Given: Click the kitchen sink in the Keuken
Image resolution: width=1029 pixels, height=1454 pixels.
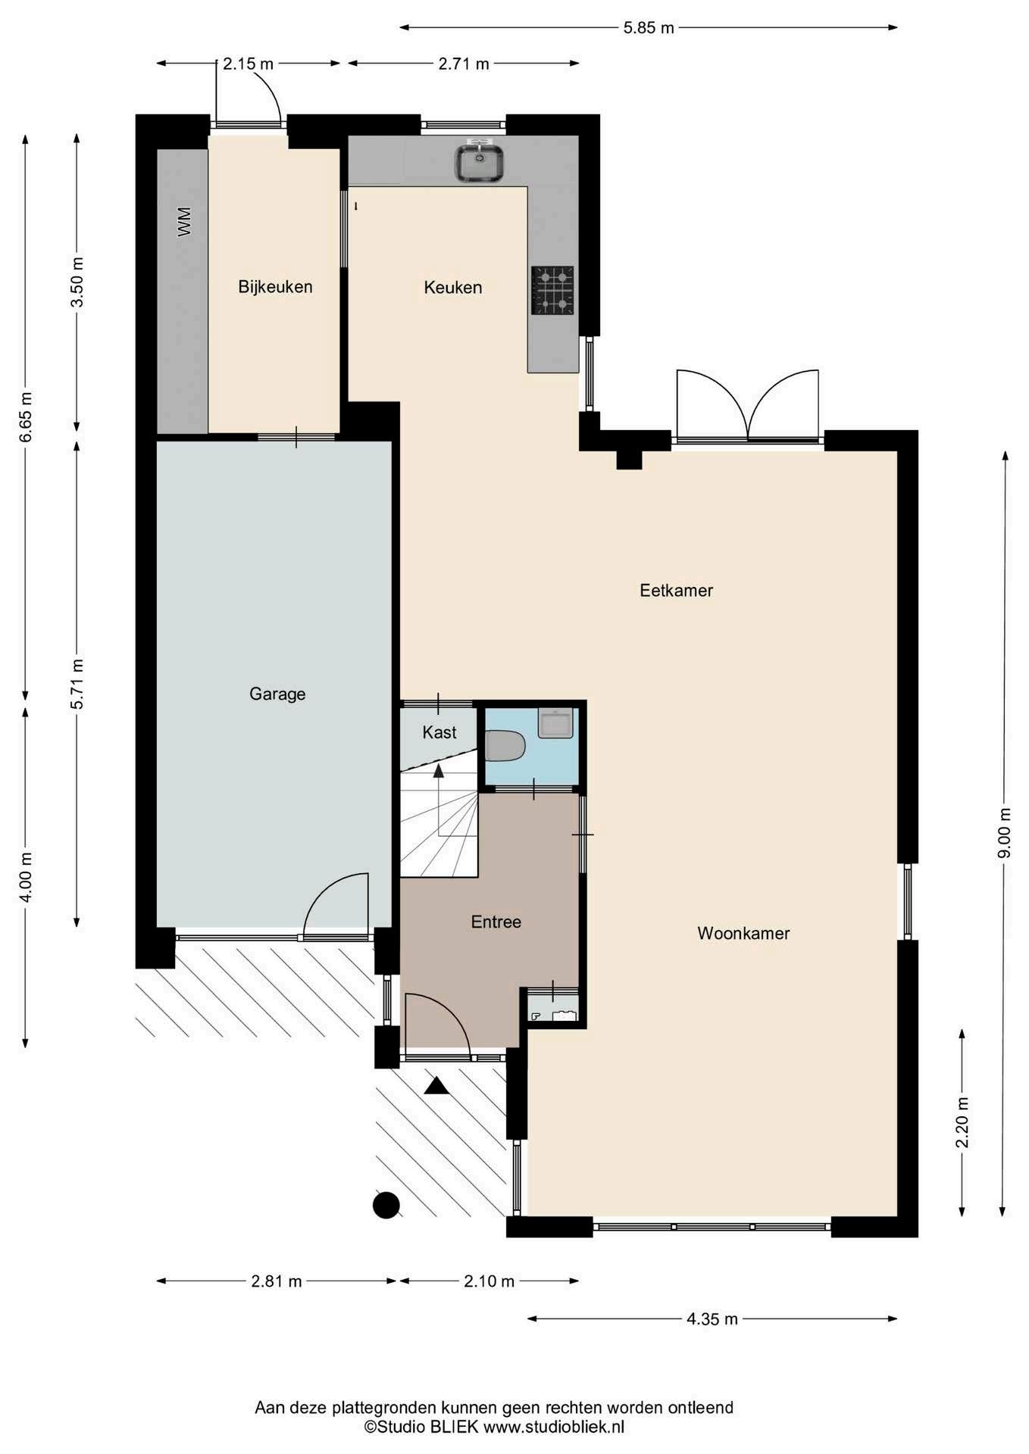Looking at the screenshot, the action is click(479, 162).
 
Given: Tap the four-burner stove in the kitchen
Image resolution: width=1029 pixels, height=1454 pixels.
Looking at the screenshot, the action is click(552, 290).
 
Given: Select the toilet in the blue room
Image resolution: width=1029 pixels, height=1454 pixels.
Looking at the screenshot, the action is click(505, 746).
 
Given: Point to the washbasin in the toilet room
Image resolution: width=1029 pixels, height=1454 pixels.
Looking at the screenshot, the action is click(555, 723).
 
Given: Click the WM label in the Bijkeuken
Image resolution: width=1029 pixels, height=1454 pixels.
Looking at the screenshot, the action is click(184, 222).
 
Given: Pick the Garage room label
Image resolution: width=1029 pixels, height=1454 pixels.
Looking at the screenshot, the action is click(277, 694).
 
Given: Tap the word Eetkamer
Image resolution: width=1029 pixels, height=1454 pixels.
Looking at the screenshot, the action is click(676, 590).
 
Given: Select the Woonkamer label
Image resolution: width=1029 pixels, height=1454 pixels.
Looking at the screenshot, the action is click(743, 933).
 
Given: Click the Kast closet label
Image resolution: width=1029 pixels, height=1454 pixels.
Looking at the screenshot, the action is click(439, 732).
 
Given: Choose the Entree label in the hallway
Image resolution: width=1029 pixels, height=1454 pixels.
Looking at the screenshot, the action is click(496, 922).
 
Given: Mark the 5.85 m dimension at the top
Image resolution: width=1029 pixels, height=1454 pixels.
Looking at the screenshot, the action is click(649, 28).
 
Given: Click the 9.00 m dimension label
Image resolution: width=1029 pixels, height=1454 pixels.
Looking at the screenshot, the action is click(1005, 833).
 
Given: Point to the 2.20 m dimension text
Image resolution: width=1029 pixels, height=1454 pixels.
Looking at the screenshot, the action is click(962, 1122).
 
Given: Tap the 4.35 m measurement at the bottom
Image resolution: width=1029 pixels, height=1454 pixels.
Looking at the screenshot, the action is click(712, 1318).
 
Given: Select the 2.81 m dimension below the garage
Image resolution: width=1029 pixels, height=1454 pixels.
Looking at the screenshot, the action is click(277, 1281).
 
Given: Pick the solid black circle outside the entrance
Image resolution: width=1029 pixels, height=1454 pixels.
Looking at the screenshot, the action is click(386, 1205).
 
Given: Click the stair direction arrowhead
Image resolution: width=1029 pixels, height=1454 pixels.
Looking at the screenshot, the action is click(438, 771).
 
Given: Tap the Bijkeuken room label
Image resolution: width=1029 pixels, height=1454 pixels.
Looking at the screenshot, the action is click(275, 286).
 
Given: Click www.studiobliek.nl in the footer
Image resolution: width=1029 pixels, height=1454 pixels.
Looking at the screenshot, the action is click(554, 1427).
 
